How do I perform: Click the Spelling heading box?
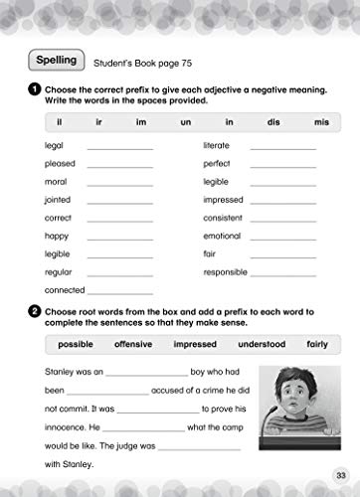click(58, 61)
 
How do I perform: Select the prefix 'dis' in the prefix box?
click(273, 122)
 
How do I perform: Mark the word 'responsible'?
click(225, 271)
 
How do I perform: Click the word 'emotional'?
click(222, 236)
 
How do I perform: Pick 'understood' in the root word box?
click(262, 344)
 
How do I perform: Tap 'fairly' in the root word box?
click(316, 344)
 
